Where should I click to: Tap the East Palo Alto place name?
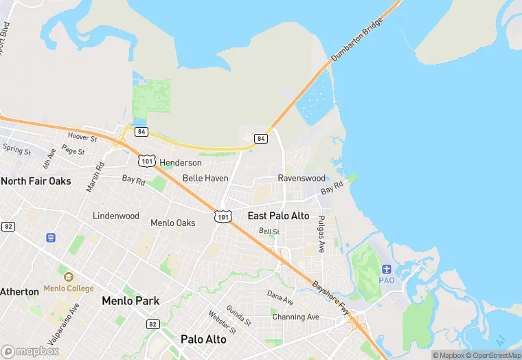[278, 216]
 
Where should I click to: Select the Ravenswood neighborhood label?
[302, 178]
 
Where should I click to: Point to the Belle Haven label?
[205, 178]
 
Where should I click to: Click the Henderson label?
[181, 163]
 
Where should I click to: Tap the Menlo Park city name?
[130, 301]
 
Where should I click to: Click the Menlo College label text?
[69, 289]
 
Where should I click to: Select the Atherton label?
[19, 291]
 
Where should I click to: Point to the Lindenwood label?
[116, 216]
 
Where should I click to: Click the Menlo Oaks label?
[172, 223]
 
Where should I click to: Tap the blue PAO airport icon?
[387, 268]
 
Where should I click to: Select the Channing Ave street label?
[295, 317]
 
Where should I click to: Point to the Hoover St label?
[83, 138]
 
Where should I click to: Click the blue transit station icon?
[50, 238]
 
